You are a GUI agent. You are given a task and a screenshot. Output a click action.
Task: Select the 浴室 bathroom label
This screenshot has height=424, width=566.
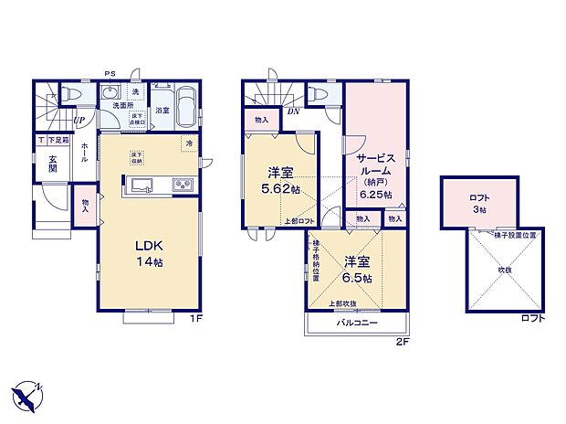point(161,111)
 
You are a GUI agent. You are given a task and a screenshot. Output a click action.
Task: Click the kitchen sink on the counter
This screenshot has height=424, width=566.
point(145,186)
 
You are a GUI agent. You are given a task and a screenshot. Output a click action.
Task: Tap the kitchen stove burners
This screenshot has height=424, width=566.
point(181,186)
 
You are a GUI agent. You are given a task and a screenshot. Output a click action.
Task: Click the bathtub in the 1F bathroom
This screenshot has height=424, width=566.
point(185,104)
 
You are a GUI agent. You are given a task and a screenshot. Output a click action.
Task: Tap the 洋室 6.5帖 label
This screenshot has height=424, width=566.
point(356,267)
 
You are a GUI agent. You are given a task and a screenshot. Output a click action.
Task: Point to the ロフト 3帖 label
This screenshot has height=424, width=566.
point(478,203)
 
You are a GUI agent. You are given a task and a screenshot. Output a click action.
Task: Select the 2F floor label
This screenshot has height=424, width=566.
point(402,341)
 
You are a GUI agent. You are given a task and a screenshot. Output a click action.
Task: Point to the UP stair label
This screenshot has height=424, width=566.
point(79,120)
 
